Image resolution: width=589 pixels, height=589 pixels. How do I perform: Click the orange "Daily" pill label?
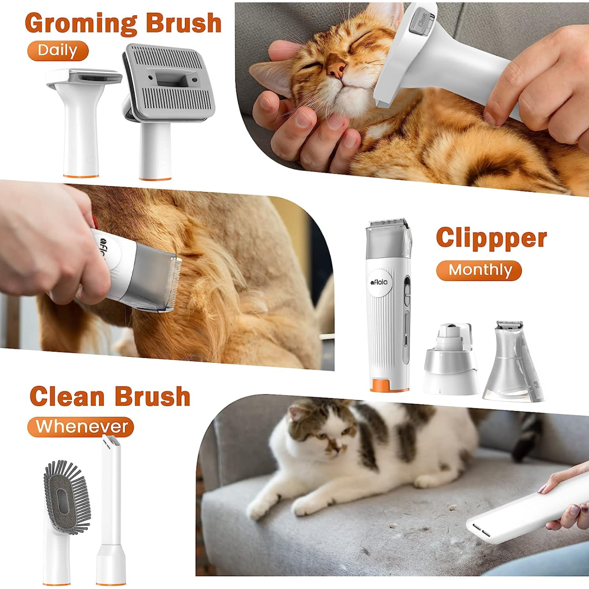pos(58,51)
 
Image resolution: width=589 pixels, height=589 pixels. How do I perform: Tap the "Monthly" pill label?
pos(479,270)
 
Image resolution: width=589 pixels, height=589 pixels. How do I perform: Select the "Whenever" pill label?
pos(80,426)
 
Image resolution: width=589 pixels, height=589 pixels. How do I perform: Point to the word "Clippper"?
pos(491,238)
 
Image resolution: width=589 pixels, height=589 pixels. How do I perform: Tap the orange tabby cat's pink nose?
pos(336,69)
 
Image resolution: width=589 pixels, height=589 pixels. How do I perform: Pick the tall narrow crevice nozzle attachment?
pos(111,509)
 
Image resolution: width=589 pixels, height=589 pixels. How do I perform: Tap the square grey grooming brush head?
pos(168,82)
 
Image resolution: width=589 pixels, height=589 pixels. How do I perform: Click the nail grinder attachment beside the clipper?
pos(451,359)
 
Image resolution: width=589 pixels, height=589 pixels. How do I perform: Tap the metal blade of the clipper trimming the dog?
pos(173,283)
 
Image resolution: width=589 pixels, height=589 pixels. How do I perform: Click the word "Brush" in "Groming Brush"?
pos(184,24)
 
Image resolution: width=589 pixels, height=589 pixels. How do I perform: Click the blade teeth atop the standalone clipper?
pos(389,222)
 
